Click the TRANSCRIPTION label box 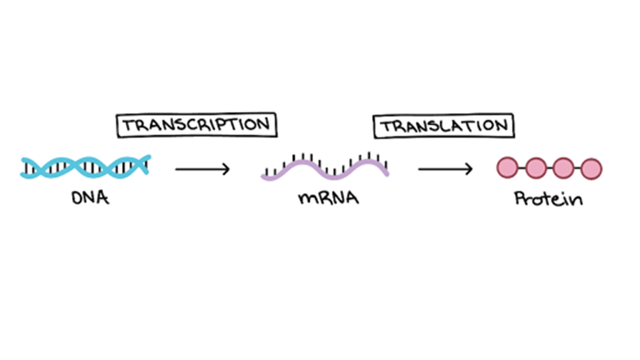click(196, 125)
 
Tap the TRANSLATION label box click(444, 126)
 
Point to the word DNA click(90, 197)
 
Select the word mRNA click(328, 198)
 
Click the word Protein click(548, 198)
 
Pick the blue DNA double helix click(85, 167)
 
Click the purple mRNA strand click(325, 169)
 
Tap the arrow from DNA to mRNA click(202, 169)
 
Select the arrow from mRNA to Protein click(445, 169)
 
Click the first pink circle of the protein click(507, 168)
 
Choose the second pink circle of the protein click(535, 168)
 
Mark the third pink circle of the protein click(563, 168)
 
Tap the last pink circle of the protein click(591, 169)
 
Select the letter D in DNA click(77, 198)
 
